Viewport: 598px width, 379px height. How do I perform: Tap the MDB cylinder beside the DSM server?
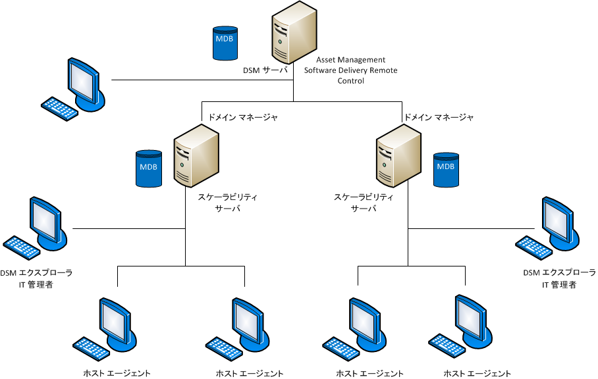tap(224, 43)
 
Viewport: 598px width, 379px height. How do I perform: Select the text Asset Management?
tap(350, 60)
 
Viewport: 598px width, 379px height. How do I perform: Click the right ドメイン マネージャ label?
tap(439, 117)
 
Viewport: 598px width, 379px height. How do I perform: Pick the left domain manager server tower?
tap(196, 158)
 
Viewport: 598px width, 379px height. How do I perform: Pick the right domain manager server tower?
tap(398, 158)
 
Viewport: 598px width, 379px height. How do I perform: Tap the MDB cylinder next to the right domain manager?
tap(445, 170)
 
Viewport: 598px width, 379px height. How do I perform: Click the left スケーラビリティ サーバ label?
tap(228, 203)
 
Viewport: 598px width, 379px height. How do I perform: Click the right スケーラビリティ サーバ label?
tap(364, 203)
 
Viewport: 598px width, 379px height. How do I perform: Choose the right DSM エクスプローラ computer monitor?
tap(560, 220)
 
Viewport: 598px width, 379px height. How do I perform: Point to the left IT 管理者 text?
tap(36, 284)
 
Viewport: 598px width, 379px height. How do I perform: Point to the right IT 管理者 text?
tap(559, 284)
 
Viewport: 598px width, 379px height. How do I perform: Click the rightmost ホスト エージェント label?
tap(477, 374)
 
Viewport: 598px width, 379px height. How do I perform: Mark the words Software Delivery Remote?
tap(350, 70)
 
